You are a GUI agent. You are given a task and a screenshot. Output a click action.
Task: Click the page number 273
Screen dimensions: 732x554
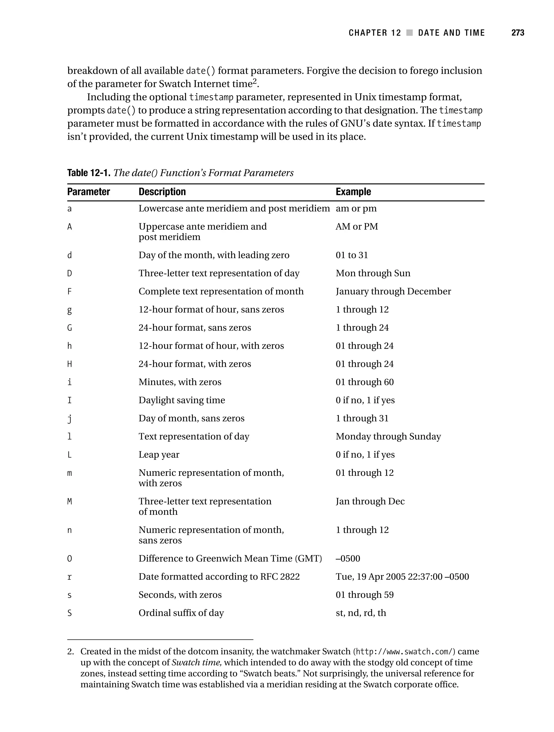click(x=517, y=33)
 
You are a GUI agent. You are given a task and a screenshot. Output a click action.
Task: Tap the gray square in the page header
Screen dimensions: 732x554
click(x=409, y=33)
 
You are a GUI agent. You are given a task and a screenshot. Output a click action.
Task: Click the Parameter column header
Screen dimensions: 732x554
click(x=88, y=192)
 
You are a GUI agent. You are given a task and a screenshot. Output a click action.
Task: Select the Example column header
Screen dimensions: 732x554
click(x=353, y=192)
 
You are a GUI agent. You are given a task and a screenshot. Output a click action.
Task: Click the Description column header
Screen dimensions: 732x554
click(x=162, y=192)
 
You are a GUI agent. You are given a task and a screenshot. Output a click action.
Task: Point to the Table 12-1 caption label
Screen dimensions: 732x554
click(x=89, y=173)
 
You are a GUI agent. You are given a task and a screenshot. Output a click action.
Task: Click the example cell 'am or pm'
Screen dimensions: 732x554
click(x=356, y=209)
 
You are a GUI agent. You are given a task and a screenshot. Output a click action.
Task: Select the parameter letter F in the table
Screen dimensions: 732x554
click(x=70, y=292)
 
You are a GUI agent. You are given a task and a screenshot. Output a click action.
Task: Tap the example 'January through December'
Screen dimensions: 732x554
click(x=393, y=292)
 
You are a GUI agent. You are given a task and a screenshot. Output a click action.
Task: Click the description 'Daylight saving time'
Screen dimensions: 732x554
click(x=182, y=400)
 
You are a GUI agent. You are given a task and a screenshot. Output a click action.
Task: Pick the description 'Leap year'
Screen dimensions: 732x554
click(x=159, y=455)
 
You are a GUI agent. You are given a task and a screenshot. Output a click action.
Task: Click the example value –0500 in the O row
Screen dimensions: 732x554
click(x=348, y=559)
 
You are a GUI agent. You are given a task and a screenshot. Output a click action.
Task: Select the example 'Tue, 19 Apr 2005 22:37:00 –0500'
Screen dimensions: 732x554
click(x=402, y=577)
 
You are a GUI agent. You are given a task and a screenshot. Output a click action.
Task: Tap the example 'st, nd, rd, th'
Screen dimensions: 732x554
click(x=361, y=613)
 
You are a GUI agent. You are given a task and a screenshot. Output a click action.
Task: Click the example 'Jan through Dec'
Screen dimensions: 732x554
click(x=370, y=501)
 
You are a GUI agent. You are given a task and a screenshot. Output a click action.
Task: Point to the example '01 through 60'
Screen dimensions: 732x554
click(x=365, y=382)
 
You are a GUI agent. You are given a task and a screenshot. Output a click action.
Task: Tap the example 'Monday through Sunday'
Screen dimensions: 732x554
click(x=388, y=437)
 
